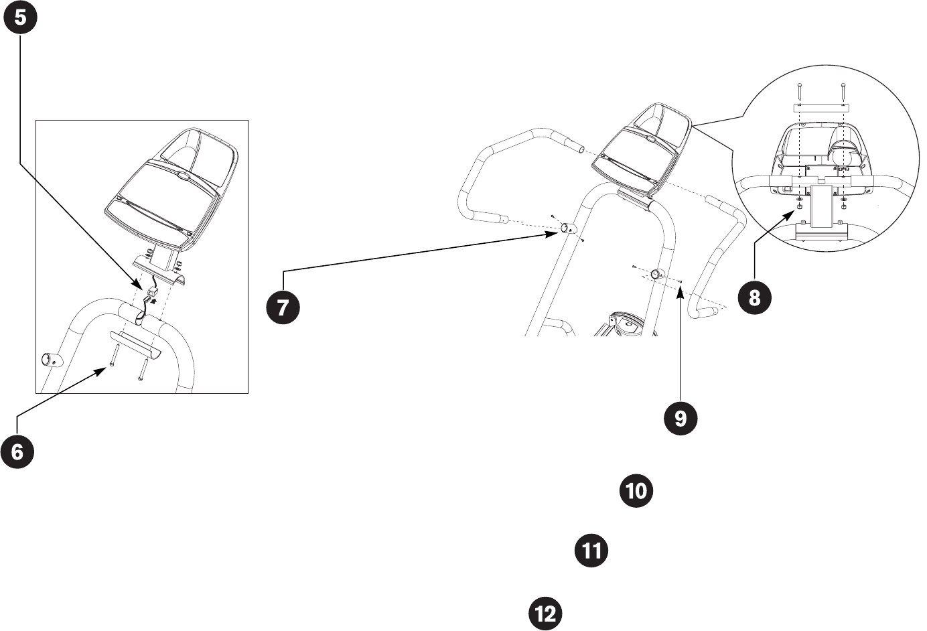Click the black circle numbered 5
(x=20, y=18)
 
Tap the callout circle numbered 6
(x=17, y=451)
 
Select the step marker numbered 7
(x=283, y=307)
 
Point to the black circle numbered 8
(x=755, y=297)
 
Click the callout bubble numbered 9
(x=681, y=418)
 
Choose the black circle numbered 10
(x=636, y=491)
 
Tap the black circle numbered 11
(x=591, y=551)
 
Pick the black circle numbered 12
(x=545, y=613)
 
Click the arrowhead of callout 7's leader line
(x=552, y=234)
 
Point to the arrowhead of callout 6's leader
(x=101, y=371)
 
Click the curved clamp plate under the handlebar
(x=136, y=345)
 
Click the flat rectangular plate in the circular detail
(x=821, y=108)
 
